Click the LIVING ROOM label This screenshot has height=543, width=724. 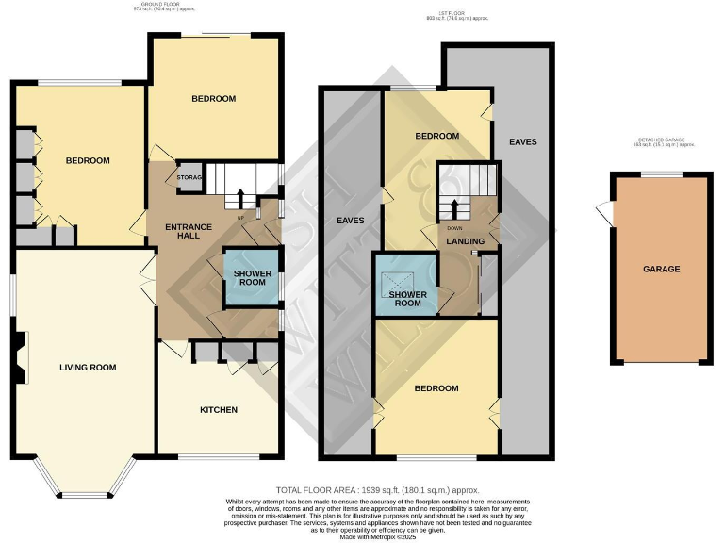pyautogui.click(x=88, y=367)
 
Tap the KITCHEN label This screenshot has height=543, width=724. pyautogui.click(x=219, y=410)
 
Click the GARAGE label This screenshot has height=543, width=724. pyautogui.click(x=661, y=269)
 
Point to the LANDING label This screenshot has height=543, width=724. pyautogui.click(x=466, y=241)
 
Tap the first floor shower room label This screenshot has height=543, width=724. pyautogui.click(x=407, y=298)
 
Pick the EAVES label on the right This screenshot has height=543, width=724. pyautogui.click(x=522, y=142)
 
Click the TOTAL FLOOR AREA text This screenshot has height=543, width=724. pyautogui.click(x=376, y=490)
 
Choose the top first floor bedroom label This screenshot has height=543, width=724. pyautogui.click(x=437, y=137)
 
